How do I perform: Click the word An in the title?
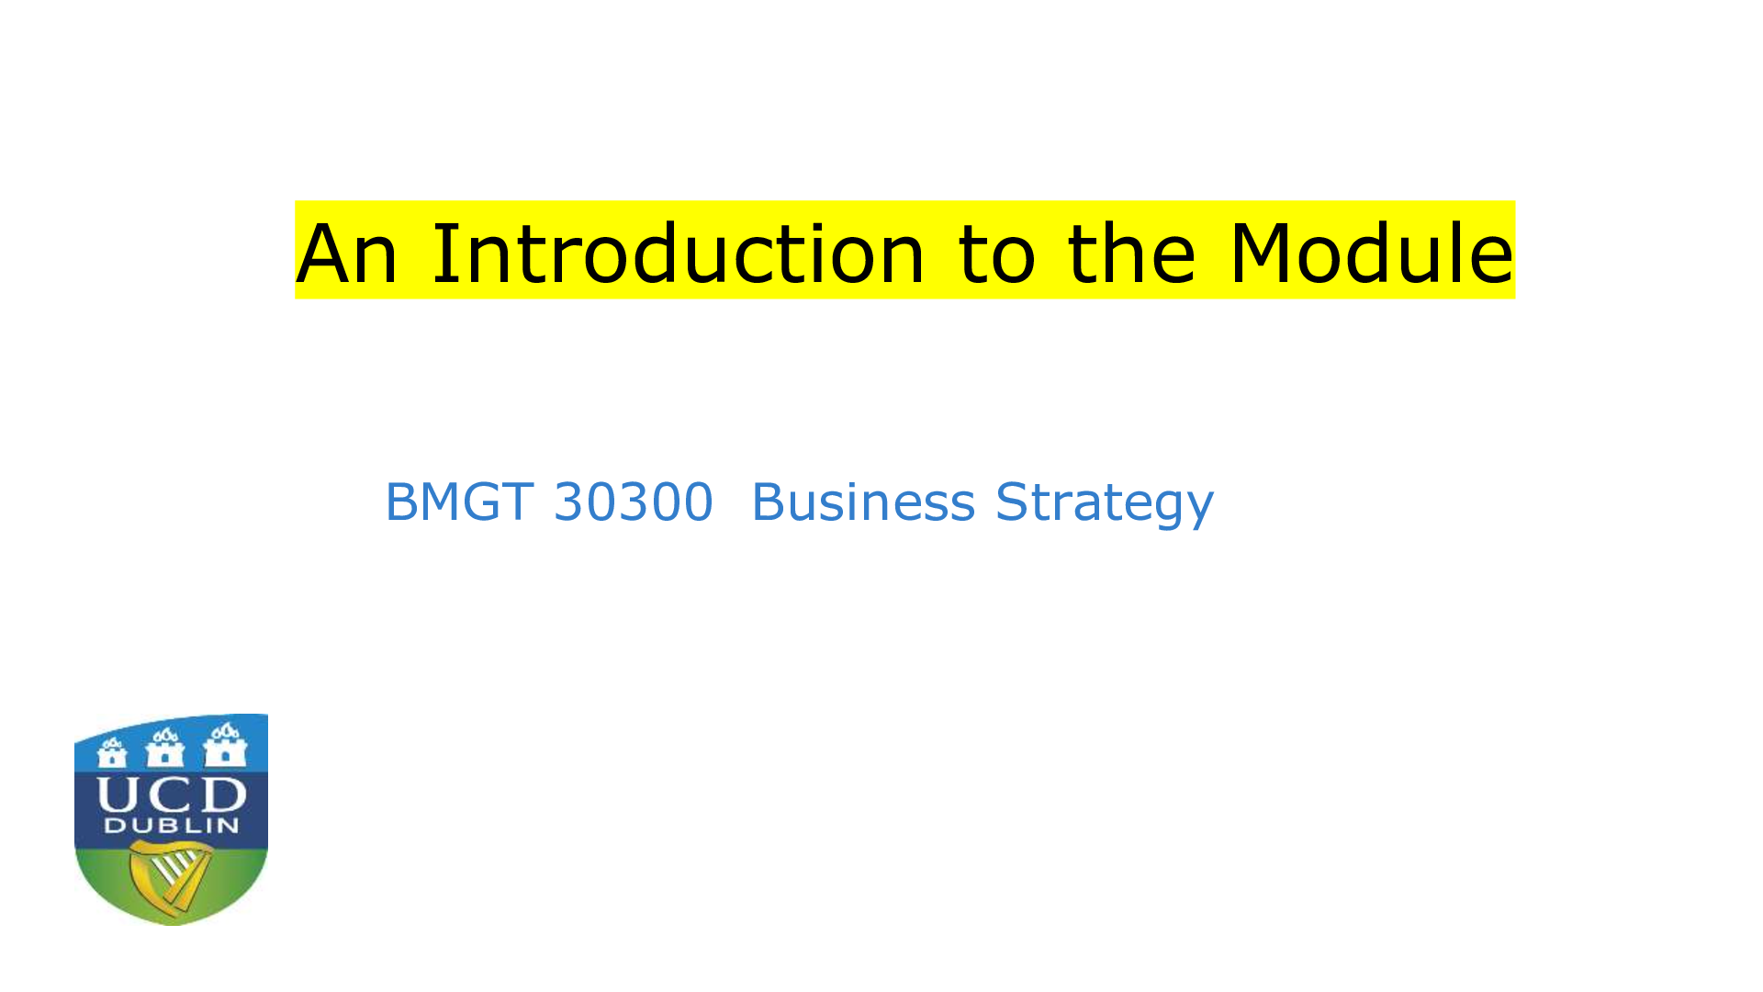click(x=347, y=254)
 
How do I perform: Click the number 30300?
click(x=634, y=502)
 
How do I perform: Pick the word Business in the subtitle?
click(x=863, y=502)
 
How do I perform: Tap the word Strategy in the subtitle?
click(x=1105, y=504)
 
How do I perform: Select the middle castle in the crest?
click(x=165, y=748)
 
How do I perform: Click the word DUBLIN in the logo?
click(x=172, y=825)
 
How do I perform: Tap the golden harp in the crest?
click(x=171, y=878)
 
